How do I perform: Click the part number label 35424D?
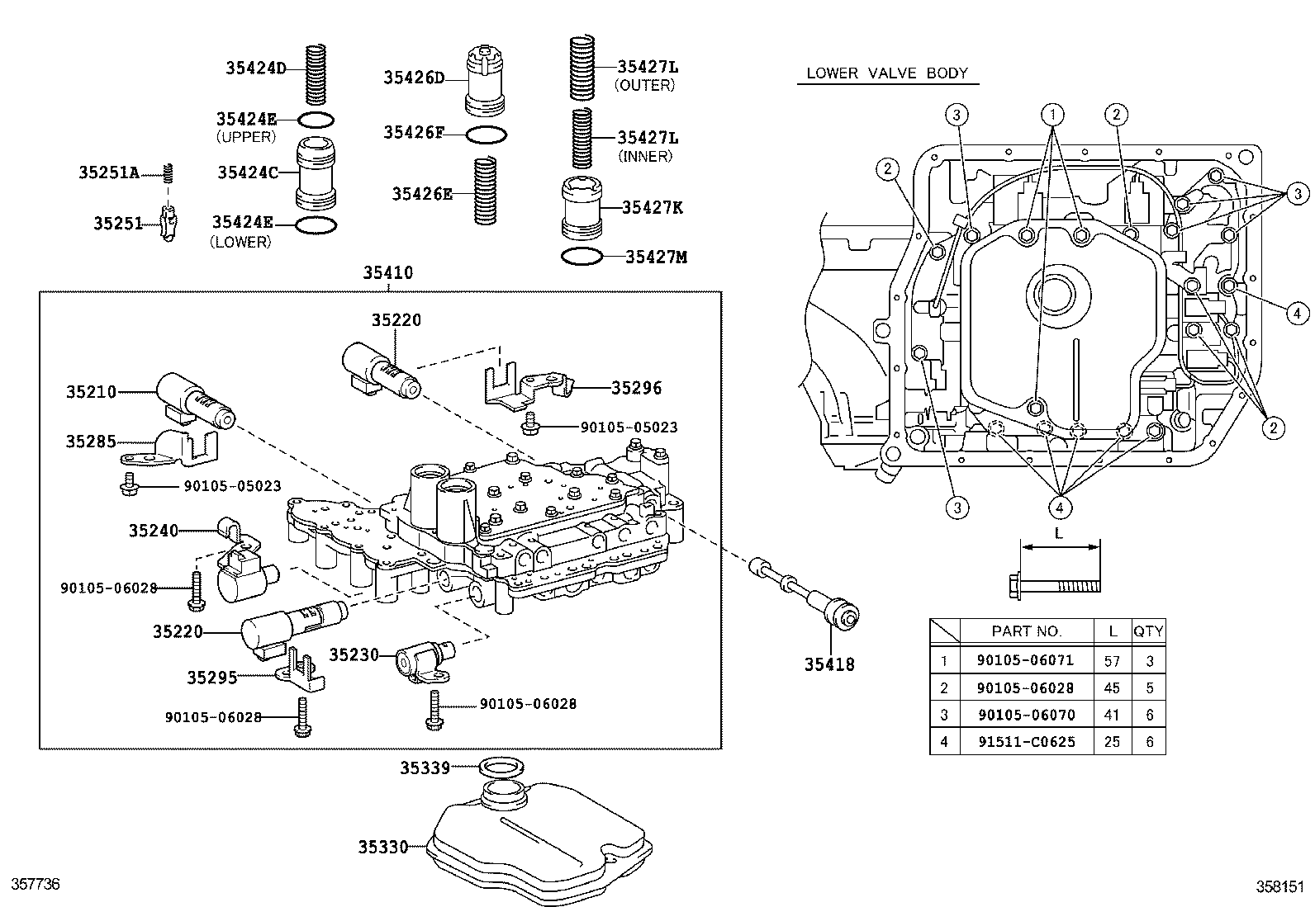(255, 68)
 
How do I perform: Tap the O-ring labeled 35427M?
(582, 257)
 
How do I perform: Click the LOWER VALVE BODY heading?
(886, 73)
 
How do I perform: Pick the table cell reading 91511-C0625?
(1026, 741)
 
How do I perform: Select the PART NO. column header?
(1026, 631)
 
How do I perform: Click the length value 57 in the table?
(1112, 660)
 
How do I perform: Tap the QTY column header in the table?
(1147, 631)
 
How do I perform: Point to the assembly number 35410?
(388, 272)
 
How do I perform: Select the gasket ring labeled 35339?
(501, 768)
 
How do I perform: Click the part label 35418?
(829, 664)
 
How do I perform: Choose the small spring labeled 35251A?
(169, 173)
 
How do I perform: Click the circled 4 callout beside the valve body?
(1297, 313)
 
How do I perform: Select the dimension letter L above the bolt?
(1059, 533)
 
